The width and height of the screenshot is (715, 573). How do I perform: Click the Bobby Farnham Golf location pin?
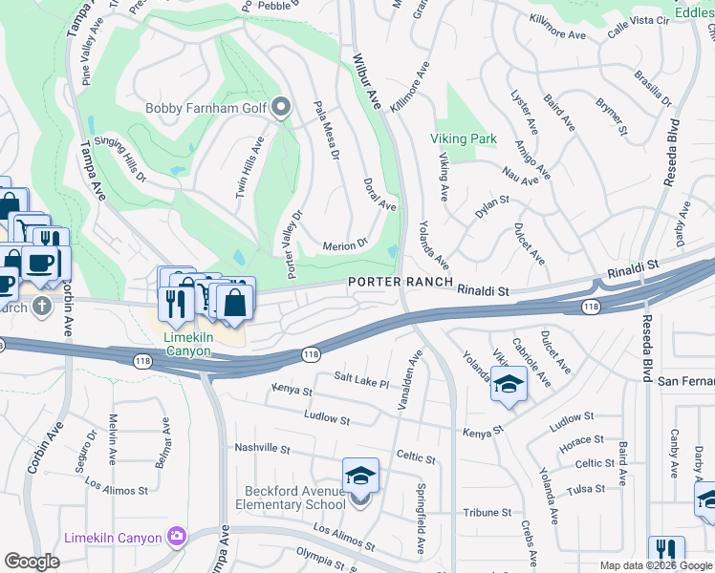(281, 108)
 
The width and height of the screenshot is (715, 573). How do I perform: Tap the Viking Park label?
(464, 138)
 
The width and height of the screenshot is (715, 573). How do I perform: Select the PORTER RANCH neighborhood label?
(398, 283)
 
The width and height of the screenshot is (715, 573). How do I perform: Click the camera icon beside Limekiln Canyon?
(177, 538)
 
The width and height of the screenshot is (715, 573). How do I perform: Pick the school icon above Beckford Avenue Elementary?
(360, 475)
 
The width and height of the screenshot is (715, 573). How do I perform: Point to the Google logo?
(32, 562)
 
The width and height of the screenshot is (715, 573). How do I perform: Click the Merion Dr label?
(345, 244)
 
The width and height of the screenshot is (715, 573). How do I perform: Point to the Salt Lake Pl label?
(361, 381)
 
